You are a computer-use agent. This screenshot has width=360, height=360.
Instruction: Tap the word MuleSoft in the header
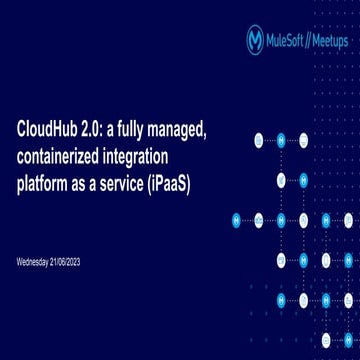(288, 40)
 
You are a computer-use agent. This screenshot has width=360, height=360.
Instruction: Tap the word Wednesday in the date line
(35, 261)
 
